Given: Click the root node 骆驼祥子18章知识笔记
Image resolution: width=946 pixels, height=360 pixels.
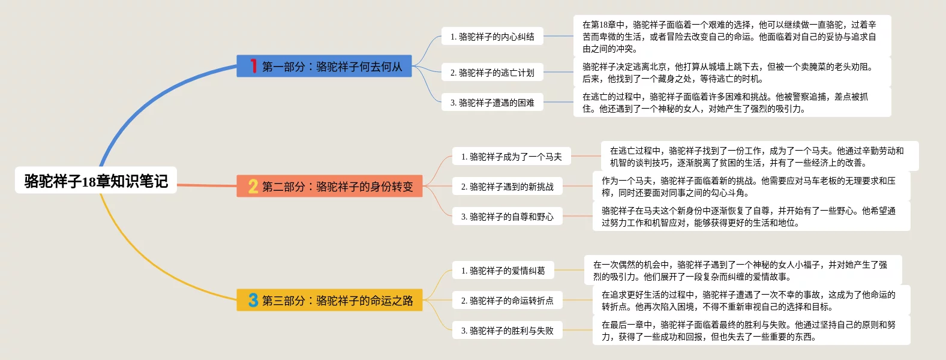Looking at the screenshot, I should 96,181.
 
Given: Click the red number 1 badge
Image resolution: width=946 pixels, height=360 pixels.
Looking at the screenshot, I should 254,66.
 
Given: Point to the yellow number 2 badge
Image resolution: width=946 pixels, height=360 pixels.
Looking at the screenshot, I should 253,187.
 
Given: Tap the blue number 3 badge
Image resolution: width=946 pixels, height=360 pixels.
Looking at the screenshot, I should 253,300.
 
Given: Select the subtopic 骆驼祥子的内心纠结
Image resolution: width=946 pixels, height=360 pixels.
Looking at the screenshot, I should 492,37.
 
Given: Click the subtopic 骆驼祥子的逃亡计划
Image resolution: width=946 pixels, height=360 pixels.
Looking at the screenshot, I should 492,73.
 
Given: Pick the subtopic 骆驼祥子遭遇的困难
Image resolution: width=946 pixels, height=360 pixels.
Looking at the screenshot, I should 492,103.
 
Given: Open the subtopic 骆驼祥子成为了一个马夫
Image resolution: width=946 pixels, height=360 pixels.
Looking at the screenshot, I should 511,157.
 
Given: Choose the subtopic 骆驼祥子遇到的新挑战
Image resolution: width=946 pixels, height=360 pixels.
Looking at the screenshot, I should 507,187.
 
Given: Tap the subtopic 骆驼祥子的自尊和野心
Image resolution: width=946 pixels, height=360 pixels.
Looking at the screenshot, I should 507,217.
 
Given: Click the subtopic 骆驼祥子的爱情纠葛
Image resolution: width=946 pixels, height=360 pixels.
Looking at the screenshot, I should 503,271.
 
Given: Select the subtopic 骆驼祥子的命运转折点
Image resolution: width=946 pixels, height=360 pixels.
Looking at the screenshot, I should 507,301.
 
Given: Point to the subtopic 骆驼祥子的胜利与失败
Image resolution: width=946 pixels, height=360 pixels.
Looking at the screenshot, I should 507,331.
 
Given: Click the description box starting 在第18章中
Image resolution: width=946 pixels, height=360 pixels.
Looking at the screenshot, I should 732,37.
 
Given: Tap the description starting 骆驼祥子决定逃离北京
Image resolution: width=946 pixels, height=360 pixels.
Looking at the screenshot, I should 732,73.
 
